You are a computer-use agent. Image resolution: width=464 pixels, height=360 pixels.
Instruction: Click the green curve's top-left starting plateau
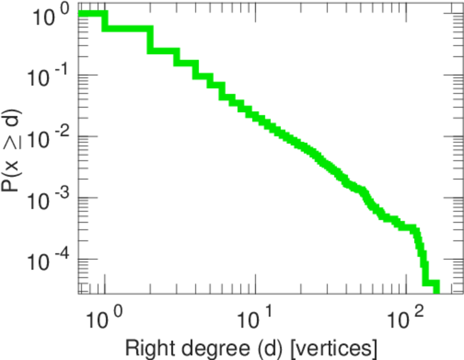pyautogui.click(x=92, y=14)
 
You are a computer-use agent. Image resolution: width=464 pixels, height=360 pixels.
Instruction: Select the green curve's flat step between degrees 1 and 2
pyautogui.click(x=127, y=28)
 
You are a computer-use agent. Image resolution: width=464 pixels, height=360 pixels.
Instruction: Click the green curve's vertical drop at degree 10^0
pyautogui.click(x=106, y=22)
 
